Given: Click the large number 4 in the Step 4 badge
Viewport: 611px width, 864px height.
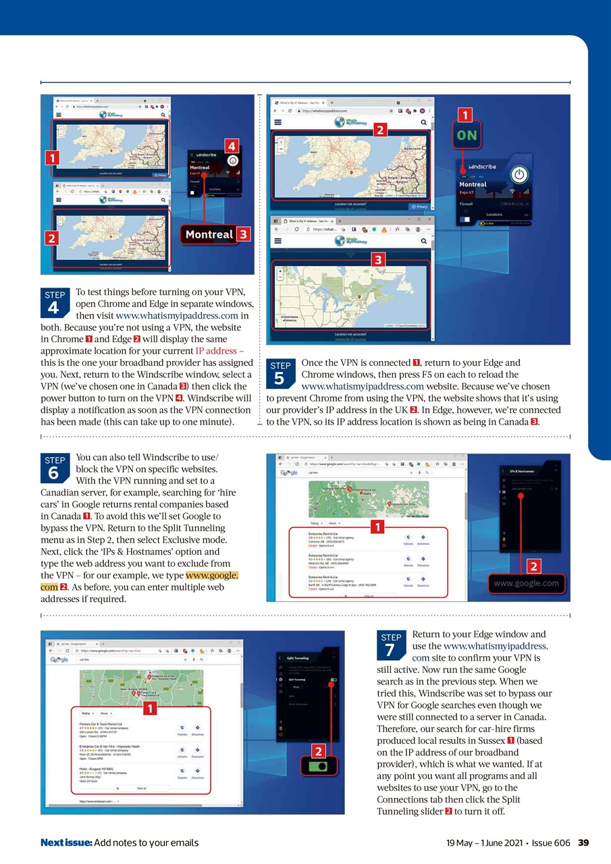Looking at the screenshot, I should point(54,308).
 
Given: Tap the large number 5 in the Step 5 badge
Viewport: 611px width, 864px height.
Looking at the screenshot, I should point(280,379).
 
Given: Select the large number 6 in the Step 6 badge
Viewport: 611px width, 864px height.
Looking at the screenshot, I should point(54,473).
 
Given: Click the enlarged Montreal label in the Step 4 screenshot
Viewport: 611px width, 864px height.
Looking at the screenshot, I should point(209,235).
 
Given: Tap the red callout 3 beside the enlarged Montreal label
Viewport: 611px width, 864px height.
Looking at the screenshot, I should point(244,234).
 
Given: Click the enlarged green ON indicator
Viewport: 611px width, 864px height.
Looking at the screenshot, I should point(467,135).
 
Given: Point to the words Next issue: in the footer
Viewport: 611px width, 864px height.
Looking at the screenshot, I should point(65,842).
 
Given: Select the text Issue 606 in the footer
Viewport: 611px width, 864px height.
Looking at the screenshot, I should point(548,842).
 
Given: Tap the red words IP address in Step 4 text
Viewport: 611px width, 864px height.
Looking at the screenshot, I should point(216,352).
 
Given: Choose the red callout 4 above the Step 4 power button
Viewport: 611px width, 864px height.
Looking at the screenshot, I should point(231,145).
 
